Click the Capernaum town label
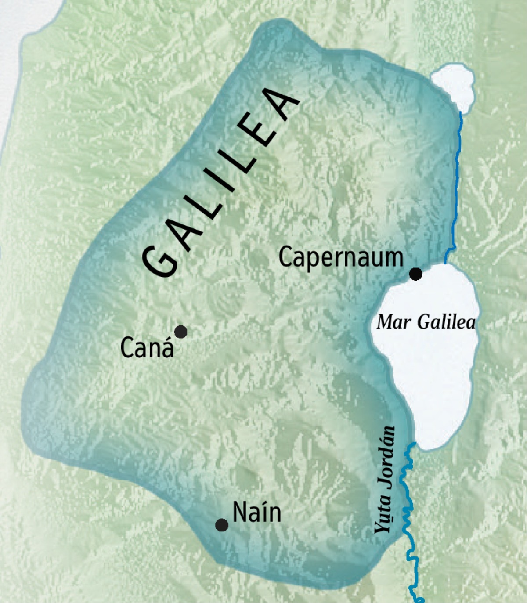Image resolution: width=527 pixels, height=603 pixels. [341, 258]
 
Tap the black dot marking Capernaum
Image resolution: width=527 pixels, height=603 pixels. [415, 274]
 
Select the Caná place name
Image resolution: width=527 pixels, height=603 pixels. [147, 347]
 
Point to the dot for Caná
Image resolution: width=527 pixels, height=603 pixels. [180, 332]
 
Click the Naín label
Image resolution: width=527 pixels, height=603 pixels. [256, 512]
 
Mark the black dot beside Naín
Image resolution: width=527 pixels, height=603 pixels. [222, 525]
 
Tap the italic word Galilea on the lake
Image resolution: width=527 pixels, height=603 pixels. [446, 322]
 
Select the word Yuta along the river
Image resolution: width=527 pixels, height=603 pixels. [383, 513]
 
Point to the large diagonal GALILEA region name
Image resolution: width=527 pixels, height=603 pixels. [220, 184]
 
